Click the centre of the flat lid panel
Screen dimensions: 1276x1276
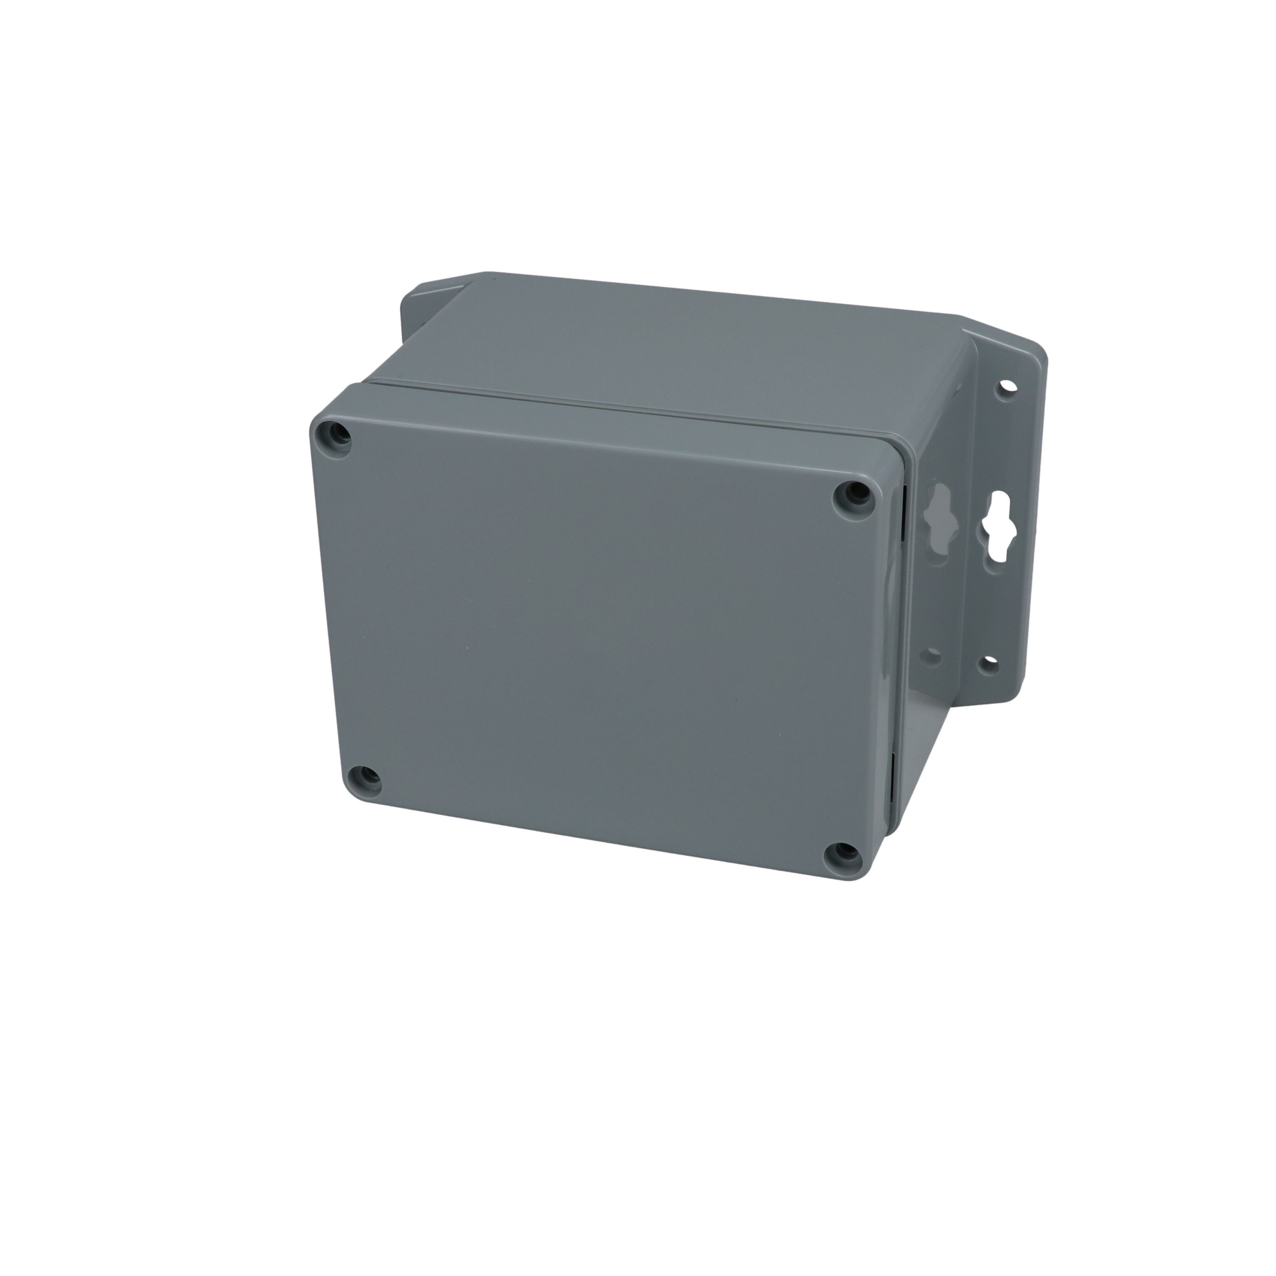pyautogui.click(x=595, y=634)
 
